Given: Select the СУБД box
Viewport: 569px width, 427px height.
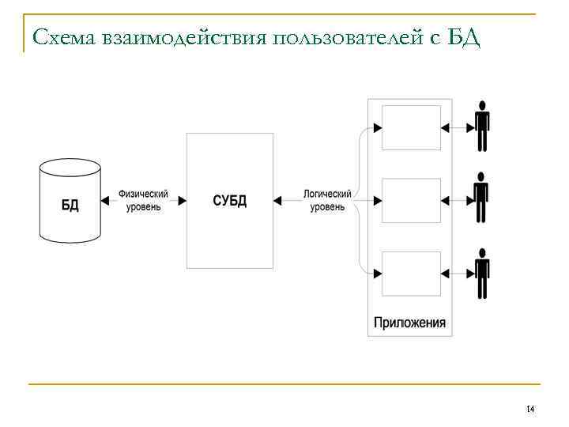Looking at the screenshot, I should pos(230,200).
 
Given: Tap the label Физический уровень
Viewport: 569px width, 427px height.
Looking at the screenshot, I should pos(143,200).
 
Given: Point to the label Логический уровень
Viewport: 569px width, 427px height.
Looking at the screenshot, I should pos(327,200).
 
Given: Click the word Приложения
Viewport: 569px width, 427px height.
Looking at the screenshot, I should pos(409,323).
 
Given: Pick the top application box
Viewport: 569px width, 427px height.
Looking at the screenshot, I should pos(411,127).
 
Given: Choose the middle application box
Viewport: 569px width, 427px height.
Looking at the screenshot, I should pos(411,200).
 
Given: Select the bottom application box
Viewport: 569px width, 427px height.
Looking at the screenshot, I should pos(411,273).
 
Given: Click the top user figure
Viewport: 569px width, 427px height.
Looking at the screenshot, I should pos(481,126).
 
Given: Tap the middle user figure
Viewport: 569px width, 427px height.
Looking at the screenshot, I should pos(481,198).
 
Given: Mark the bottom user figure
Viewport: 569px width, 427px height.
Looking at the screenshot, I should pos(481,272).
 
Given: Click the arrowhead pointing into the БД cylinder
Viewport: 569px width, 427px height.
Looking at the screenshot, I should pos(106,201).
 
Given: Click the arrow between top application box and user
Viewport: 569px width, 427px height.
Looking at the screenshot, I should pos(456,127).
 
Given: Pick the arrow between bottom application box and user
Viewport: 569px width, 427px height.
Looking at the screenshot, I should pos(456,273).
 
